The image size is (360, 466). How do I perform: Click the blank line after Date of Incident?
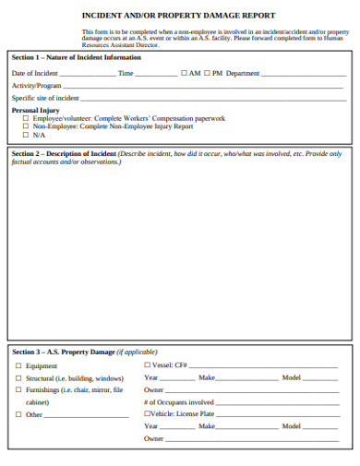click(89, 74)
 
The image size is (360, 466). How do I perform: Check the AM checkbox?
click(185, 72)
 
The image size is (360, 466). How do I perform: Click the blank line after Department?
click(304, 74)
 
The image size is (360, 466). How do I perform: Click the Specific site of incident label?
click(44, 97)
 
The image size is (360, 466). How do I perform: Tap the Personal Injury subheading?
click(35, 109)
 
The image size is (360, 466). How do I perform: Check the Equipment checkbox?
click(18, 366)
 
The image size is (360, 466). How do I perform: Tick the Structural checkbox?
click(18, 378)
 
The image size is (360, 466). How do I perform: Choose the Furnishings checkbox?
click(18, 390)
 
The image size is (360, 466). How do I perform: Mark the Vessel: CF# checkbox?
click(148, 366)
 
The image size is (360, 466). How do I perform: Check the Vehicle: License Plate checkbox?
click(148, 414)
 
